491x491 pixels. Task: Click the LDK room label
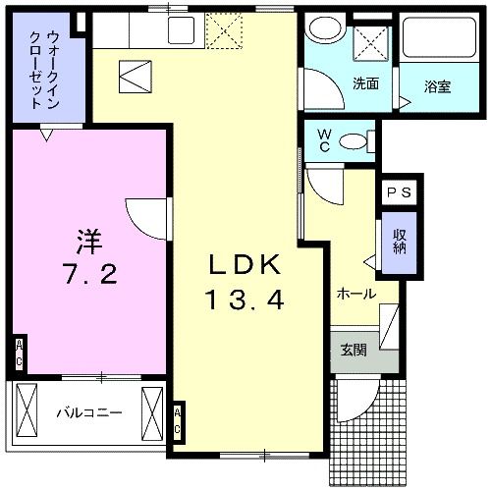(246, 265)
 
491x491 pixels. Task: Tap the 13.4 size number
(245, 299)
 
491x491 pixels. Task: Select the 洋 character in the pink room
(88, 238)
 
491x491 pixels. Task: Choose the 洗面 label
(365, 83)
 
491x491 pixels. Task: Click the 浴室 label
(437, 85)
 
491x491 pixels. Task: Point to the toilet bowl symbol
(353, 141)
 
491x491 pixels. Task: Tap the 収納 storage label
(400, 242)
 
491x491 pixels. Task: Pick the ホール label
(355, 293)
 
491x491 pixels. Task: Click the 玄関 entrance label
(354, 352)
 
